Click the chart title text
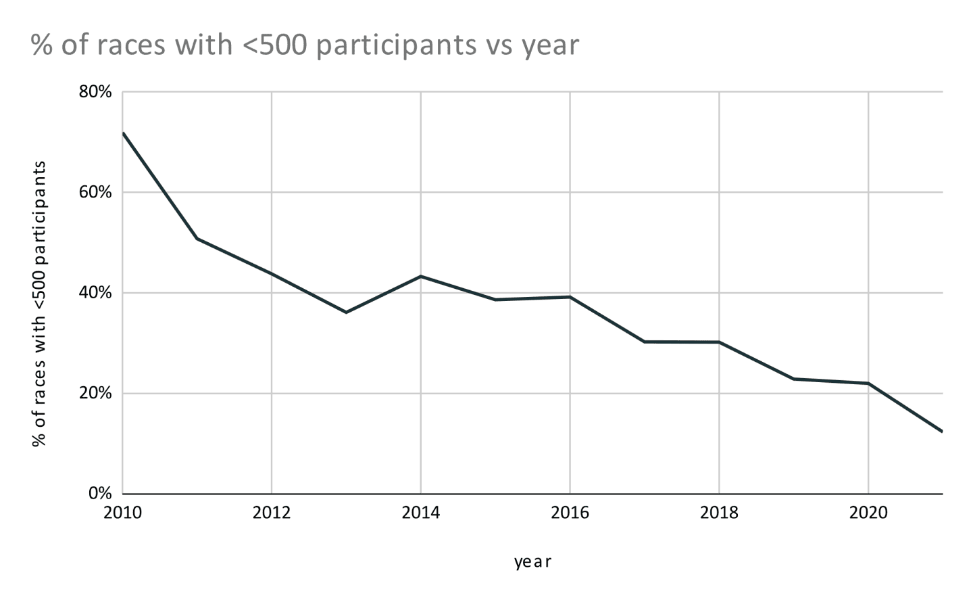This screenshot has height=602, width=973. click(305, 45)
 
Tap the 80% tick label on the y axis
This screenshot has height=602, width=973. click(95, 92)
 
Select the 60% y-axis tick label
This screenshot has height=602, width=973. click(95, 192)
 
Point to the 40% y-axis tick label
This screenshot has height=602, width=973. click(95, 293)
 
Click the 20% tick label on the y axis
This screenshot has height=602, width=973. click(95, 394)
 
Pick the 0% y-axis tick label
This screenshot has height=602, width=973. click(99, 494)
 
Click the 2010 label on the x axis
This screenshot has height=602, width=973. click(122, 513)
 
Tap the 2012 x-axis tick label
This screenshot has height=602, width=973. click(272, 513)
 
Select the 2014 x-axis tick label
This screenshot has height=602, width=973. click(421, 513)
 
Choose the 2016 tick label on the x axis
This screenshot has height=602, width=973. click(570, 513)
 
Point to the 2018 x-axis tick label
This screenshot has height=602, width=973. click(720, 513)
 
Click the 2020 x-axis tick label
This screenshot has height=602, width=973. click(868, 513)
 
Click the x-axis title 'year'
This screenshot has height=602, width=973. click(532, 562)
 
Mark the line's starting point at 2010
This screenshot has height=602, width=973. click(123, 133)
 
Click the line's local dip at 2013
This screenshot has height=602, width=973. click(346, 312)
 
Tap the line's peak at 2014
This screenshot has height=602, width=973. click(421, 276)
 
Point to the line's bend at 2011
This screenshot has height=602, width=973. click(197, 239)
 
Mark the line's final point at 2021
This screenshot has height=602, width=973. click(942, 432)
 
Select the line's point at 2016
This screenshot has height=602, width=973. click(570, 297)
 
